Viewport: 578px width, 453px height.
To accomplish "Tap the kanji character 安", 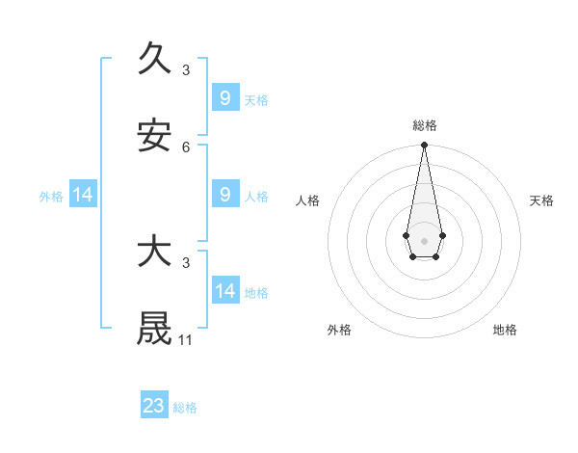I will click(x=154, y=136).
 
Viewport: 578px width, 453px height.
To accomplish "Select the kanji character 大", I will click(x=154, y=253).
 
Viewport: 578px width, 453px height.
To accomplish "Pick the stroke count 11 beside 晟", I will click(x=186, y=339).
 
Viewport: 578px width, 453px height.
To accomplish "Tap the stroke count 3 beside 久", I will click(x=186, y=69).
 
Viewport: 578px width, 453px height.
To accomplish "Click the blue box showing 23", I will click(x=154, y=406).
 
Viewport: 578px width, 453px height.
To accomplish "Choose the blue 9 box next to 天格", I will click(x=225, y=97).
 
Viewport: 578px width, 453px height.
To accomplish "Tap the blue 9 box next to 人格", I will click(x=225, y=194).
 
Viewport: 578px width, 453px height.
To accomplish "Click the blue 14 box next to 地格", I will click(x=225, y=290).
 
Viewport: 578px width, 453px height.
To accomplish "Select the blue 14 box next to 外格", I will click(x=83, y=195).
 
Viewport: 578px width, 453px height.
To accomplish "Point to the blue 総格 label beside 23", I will click(x=185, y=408).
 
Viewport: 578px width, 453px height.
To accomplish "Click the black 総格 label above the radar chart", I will click(x=424, y=125).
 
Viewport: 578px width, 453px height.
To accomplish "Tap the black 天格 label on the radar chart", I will click(x=541, y=200).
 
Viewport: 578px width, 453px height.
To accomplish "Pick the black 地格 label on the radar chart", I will click(x=505, y=330).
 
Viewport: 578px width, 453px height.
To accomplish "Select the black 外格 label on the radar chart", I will click(x=339, y=330).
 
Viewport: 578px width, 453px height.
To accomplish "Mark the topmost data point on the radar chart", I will click(x=424, y=146).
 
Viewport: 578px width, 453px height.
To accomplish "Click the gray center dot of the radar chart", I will click(x=424, y=239).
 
